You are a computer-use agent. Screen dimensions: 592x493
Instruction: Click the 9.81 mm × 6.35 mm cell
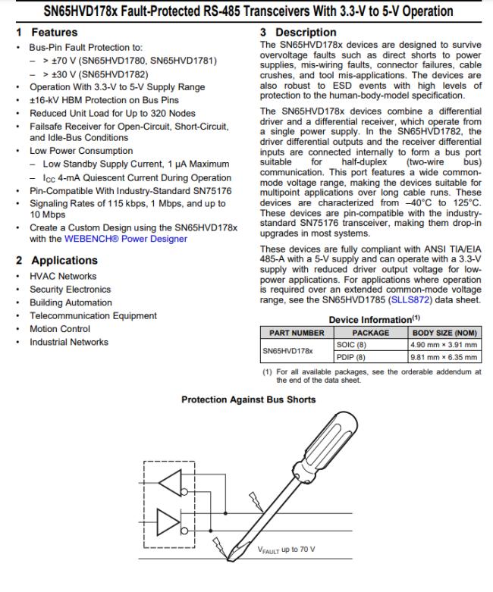[x=444, y=357]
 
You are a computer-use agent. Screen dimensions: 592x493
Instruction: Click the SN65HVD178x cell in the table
[x=287, y=352]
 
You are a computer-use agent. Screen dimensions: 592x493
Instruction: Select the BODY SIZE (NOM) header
[x=444, y=333]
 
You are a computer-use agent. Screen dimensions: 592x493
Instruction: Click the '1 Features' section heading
[x=47, y=33]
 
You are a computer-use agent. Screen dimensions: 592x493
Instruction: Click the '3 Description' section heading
[x=298, y=33]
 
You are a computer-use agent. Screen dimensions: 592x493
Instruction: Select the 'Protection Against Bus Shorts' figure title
[x=248, y=399]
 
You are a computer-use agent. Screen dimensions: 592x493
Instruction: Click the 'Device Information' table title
[x=369, y=320]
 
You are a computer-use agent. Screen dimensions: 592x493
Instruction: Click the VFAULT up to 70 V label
[x=286, y=550]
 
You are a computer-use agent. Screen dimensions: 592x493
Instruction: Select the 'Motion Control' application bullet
[x=60, y=329]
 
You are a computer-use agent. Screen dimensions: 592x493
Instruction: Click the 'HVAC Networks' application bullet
[x=63, y=276]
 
